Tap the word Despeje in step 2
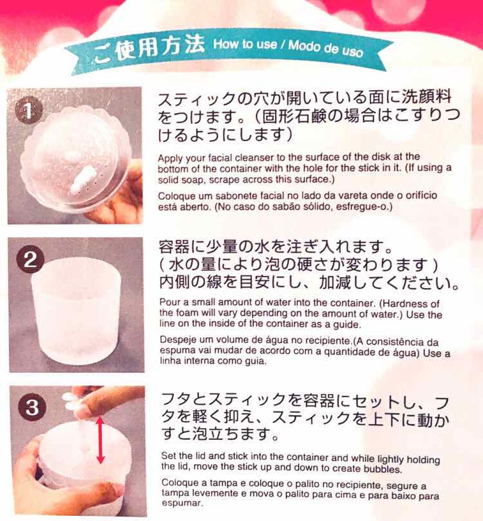(175, 340)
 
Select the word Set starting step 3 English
(168, 457)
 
